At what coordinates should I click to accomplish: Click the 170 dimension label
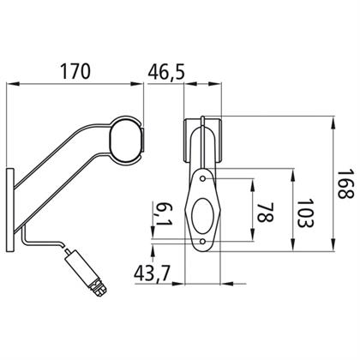[x=75, y=71]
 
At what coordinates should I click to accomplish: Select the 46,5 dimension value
[x=166, y=71]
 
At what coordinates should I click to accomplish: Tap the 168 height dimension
[x=345, y=184]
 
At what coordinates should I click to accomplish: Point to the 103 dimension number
[x=305, y=213]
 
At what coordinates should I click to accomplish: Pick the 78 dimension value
[x=266, y=213]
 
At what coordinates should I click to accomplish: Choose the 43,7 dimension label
[x=152, y=273]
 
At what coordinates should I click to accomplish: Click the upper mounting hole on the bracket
[x=203, y=178]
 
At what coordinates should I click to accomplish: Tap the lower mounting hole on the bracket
[x=203, y=242]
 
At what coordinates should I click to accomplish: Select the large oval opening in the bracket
[x=202, y=215]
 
